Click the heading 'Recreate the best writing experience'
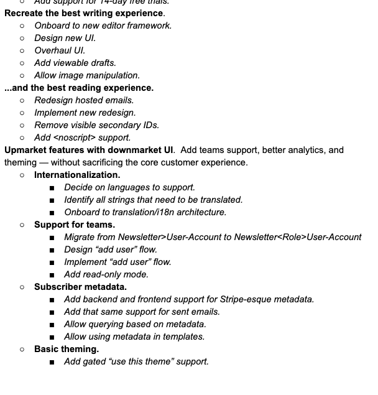[85, 13]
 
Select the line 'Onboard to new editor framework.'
[103, 26]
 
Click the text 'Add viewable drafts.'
[75, 63]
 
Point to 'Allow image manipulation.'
[87, 75]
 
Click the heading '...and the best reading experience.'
[79, 88]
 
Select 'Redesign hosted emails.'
[84, 100]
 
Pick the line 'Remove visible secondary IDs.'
[96, 125]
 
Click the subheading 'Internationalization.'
[77, 175]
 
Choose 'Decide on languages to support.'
[129, 187]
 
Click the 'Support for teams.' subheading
[75, 225]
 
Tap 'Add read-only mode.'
[106, 274]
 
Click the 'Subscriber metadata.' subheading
[80, 287]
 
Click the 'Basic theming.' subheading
[67, 349]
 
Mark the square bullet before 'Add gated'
[52, 361]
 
